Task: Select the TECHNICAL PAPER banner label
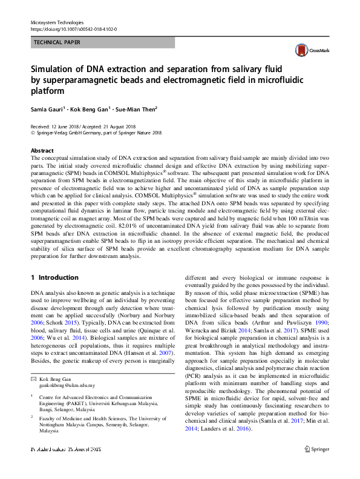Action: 57,43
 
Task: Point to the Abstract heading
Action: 42,150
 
